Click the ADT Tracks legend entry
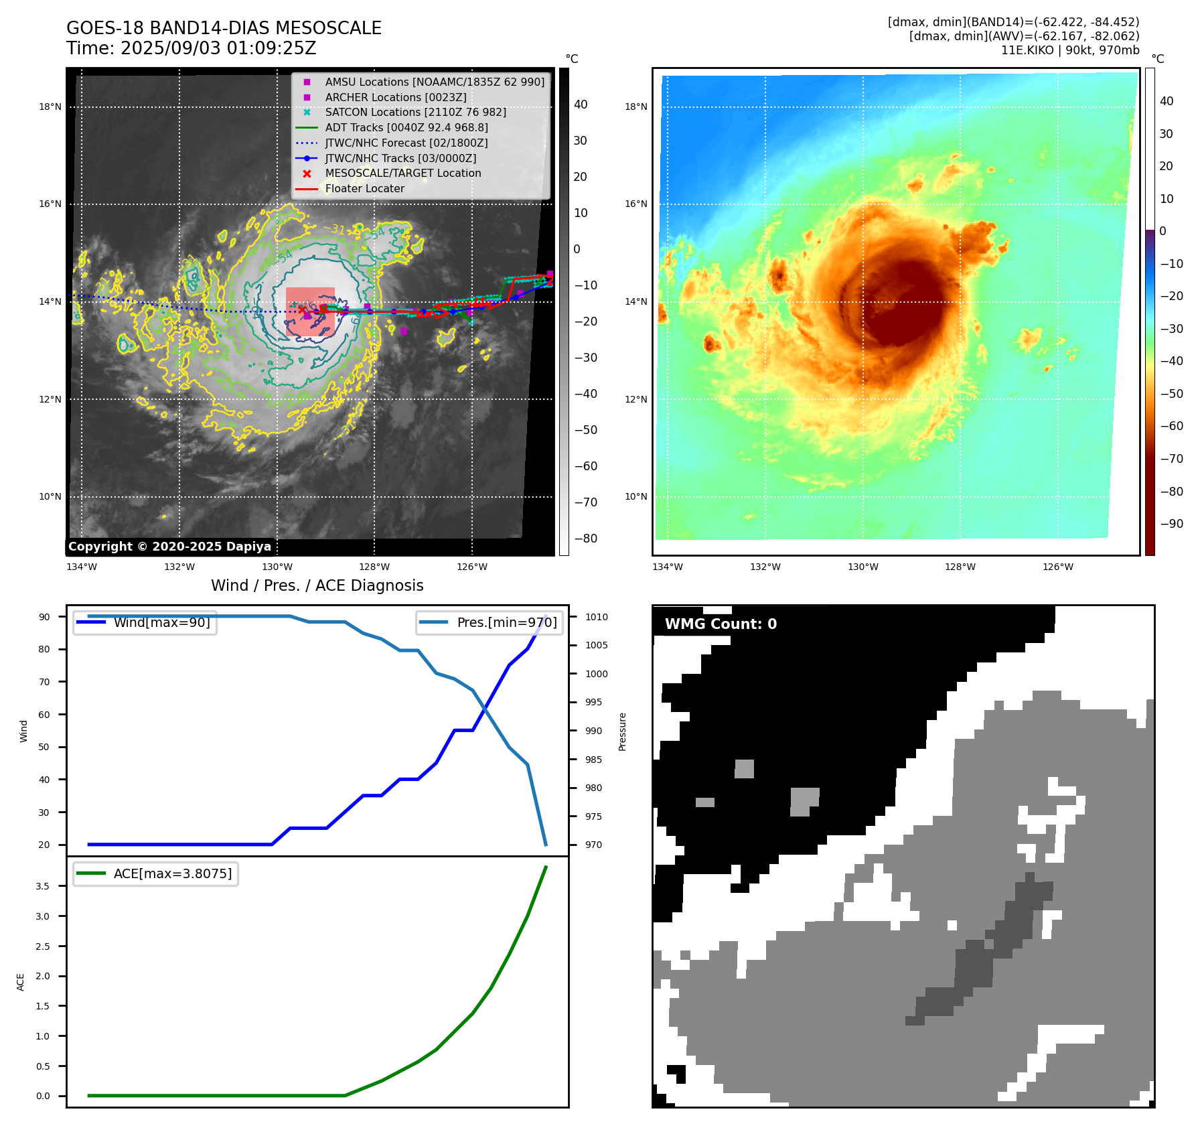[406, 127]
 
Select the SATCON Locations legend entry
[415, 112]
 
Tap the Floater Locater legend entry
[364, 188]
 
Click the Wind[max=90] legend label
[161, 622]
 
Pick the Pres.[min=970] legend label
[506, 622]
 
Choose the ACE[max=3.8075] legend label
[172, 873]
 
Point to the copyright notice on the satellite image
[169, 547]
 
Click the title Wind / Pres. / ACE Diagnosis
[317, 585]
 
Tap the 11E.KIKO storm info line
[1069, 50]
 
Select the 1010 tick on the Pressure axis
[596, 617]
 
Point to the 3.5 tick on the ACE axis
[42, 886]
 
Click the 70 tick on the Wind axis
[44, 682]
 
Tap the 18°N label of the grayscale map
[50, 107]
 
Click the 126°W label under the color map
[1057, 567]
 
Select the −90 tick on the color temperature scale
[1171, 524]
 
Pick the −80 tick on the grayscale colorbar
[585, 539]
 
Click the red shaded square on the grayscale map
[310, 311]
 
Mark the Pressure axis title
[622, 731]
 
